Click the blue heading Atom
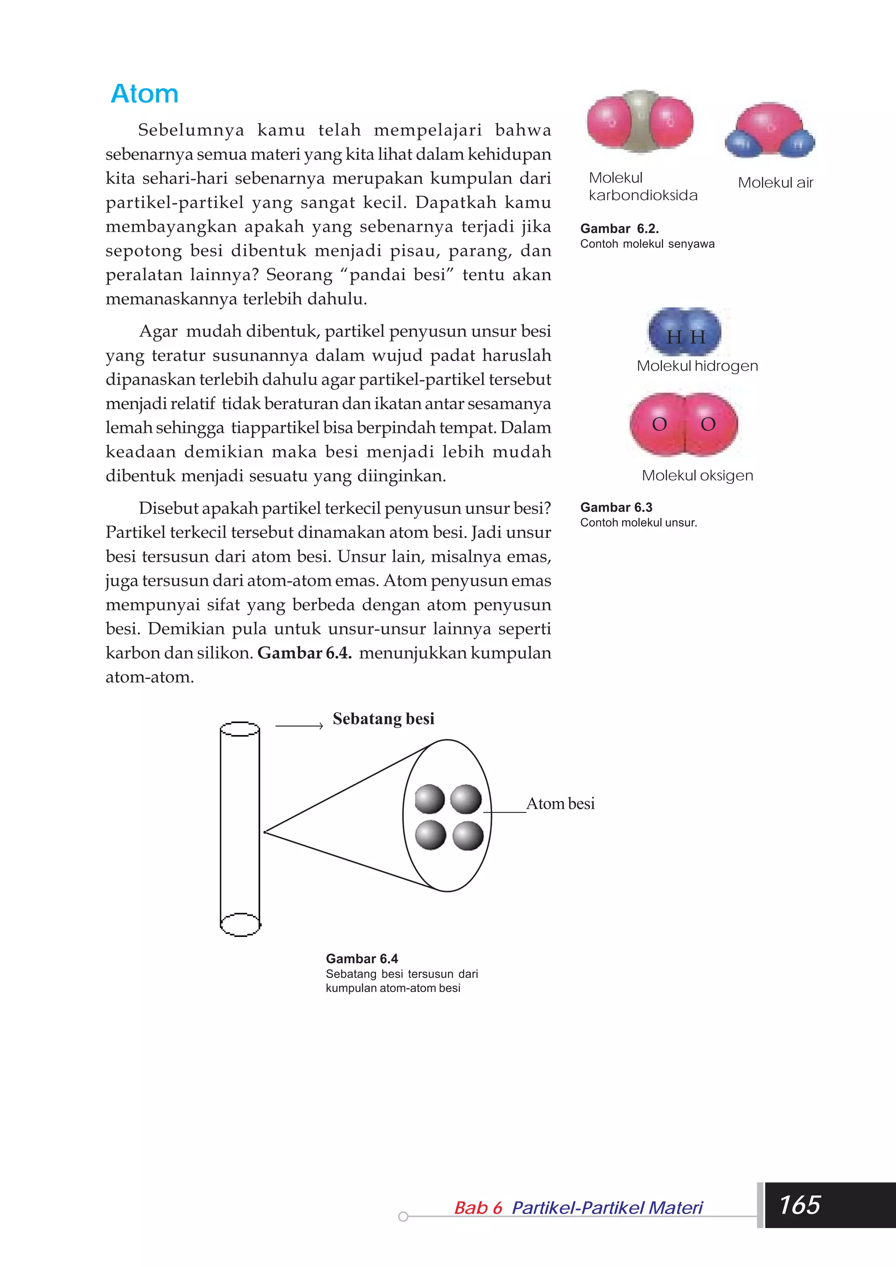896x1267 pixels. point(145,94)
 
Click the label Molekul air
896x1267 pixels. point(775,183)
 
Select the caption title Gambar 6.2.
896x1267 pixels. point(619,229)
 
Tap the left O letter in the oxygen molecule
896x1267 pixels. point(660,425)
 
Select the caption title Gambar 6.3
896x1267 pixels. point(616,507)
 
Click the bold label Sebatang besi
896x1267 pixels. point(383,718)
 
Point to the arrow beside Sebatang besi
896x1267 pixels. point(299,726)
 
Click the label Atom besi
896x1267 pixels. point(560,804)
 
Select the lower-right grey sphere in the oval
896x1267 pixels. point(468,836)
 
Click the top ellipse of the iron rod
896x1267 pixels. point(240,729)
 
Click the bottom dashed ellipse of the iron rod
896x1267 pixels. point(240,924)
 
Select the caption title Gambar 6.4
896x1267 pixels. point(362,958)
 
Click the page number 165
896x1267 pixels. point(799,1204)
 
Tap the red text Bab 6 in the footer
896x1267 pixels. point(478,1208)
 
